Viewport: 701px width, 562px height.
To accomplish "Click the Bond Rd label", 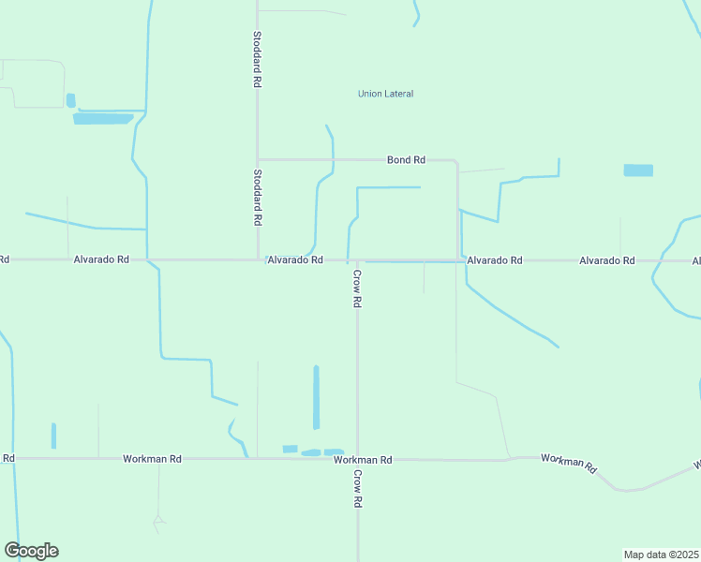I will pos(406,160).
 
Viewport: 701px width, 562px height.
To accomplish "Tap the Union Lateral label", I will pos(385,94).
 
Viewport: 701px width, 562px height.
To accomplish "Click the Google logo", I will pos(31,551).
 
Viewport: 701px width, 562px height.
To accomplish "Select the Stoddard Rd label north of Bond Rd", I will pos(257,60).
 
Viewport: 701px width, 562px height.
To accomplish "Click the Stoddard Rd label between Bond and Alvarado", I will pos(257,198).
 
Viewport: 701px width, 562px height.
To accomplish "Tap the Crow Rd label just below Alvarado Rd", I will pos(357,289).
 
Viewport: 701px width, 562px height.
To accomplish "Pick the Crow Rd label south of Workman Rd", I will pos(357,489).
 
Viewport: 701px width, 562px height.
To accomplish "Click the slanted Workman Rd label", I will pos(569,463).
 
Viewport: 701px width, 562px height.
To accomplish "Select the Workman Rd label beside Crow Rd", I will pos(363,460).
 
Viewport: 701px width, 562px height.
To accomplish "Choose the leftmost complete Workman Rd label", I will pos(152,459).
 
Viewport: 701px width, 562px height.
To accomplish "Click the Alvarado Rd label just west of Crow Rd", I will pos(295,259).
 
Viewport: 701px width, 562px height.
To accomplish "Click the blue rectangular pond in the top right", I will pos(638,170).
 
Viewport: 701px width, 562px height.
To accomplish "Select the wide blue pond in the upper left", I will pos(103,119).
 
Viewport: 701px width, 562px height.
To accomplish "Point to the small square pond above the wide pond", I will pos(70,99).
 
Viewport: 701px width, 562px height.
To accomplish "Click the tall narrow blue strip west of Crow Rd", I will pos(316,397).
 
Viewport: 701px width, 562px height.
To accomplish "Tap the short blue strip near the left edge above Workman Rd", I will pos(53,436).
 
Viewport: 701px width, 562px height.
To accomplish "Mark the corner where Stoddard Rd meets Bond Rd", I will pos(258,159).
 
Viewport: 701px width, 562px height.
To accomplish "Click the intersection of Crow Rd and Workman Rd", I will pos(357,459).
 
